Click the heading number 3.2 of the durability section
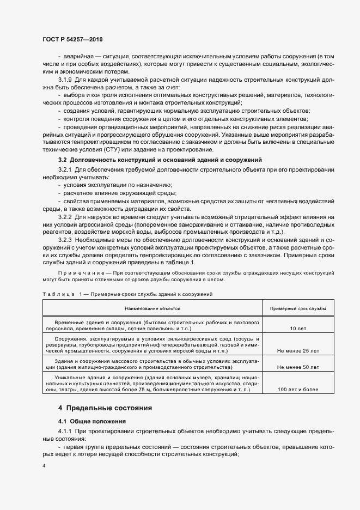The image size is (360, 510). pyautogui.click(x=63, y=160)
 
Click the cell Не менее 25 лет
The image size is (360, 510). pyautogui.click(x=298, y=351)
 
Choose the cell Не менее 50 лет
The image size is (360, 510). pyautogui.click(x=298, y=367)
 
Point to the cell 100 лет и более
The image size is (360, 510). pyautogui.click(x=298, y=390)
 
